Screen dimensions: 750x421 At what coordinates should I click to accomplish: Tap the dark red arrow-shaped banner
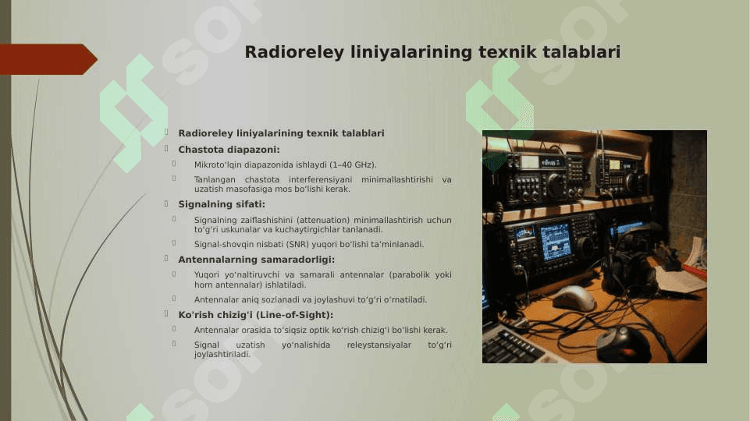tap(48, 59)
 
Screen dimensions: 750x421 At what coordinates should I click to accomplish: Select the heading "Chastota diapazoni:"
tap(229, 150)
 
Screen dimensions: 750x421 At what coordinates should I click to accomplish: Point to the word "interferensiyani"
tap(320, 179)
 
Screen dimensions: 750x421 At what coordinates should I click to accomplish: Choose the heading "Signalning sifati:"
tap(222, 204)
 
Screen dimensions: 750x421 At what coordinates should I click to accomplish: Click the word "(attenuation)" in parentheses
tap(323, 221)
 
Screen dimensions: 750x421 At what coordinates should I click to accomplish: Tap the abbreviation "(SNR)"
tap(297, 245)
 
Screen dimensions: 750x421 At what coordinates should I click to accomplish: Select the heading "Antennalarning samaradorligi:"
tap(257, 260)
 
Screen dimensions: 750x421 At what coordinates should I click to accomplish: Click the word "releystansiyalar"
tap(379, 345)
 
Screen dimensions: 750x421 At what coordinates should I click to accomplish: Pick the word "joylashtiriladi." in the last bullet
tap(222, 355)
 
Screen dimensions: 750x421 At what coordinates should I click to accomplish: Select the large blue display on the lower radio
tap(556, 242)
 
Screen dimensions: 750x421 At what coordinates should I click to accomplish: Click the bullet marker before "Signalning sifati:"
tap(166, 203)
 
